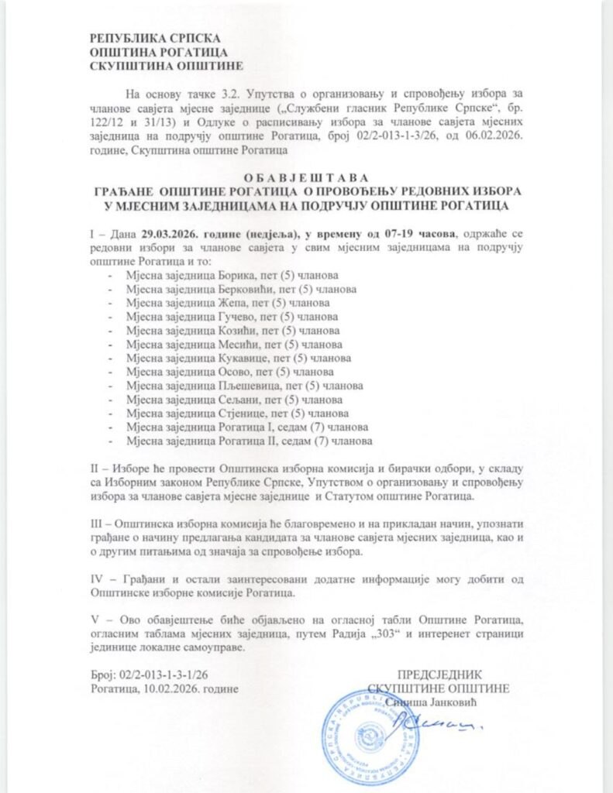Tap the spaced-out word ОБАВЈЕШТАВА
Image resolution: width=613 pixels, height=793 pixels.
click(308, 177)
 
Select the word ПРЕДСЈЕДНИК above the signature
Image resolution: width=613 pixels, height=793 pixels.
click(439, 674)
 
